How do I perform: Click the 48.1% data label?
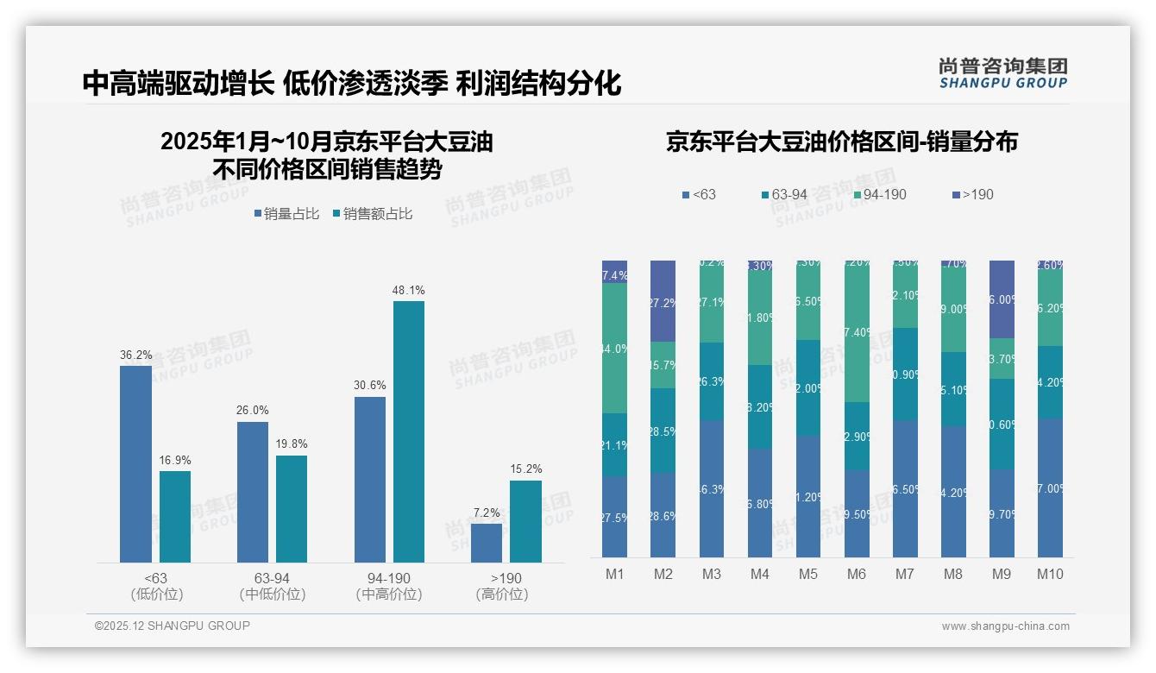[408, 291]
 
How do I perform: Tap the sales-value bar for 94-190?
[408, 431]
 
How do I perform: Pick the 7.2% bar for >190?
[487, 543]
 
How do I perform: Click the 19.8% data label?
[292, 444]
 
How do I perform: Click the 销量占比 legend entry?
[290, 214]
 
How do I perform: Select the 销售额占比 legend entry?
[372, 214]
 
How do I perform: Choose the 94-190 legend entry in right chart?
[879, 195]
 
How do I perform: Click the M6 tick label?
[856, 574]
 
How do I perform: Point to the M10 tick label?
[1049, 574]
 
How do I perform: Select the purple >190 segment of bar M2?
[663, 301]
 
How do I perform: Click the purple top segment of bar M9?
[1002, 299]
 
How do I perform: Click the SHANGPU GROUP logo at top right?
[1002, 72]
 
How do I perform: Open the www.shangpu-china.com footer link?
[1005, 626]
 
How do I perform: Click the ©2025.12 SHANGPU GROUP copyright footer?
[173, 626]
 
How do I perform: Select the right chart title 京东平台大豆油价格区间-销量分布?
[841, 142]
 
